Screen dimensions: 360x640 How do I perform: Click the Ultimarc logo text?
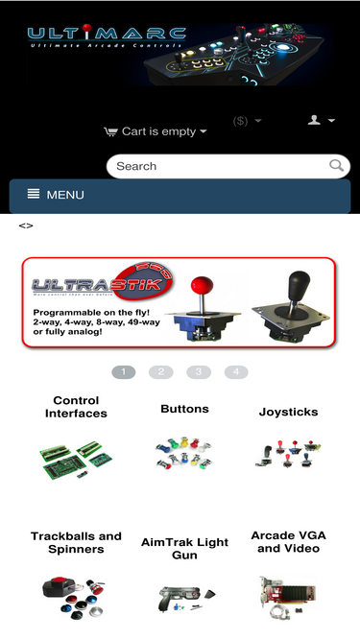click(107, 36)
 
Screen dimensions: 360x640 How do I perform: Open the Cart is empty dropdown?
click(156, 131)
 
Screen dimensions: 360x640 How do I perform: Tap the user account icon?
click(314, 120)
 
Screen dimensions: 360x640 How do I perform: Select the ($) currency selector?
click(247, 121)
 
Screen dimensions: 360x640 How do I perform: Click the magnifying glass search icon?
click(336, 165)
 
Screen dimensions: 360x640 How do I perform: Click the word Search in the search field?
click(136, 166)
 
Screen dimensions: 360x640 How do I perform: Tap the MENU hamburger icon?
click(34, 194)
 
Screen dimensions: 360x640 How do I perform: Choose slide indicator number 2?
click(161, 372)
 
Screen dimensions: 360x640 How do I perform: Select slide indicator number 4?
click(236, 372)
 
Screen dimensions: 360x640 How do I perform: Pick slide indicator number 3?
click(199, 372)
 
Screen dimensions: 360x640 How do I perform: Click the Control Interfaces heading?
click(76, 407)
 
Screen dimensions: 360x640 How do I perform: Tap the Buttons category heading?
click(184, 409)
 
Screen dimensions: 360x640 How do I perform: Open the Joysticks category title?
click(288, 412)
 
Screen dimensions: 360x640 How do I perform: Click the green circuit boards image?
click(76, 460)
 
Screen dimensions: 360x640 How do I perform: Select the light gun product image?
click(185, 599)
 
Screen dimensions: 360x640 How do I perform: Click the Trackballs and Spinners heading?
click(76, 542)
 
